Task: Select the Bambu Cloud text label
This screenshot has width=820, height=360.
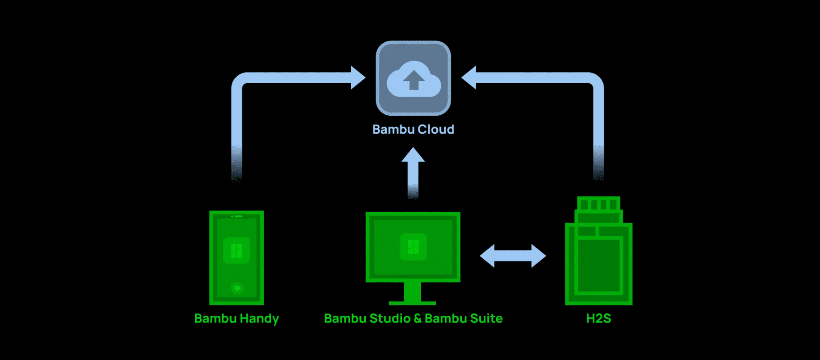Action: [413, 130]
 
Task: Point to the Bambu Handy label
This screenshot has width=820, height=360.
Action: [236, 319]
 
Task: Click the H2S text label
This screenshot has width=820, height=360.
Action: [598, 319]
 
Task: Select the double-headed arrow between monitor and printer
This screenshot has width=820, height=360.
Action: [513, 256]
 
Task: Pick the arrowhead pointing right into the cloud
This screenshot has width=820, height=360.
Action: [358, 78]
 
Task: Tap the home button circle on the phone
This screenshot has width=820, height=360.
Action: [237, 288]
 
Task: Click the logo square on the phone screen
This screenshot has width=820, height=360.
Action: [236, 251]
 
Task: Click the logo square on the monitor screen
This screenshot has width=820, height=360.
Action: [413, 247]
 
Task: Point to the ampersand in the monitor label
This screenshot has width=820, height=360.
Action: [417, 319]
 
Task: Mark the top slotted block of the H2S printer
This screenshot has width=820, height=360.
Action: [598, 204]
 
